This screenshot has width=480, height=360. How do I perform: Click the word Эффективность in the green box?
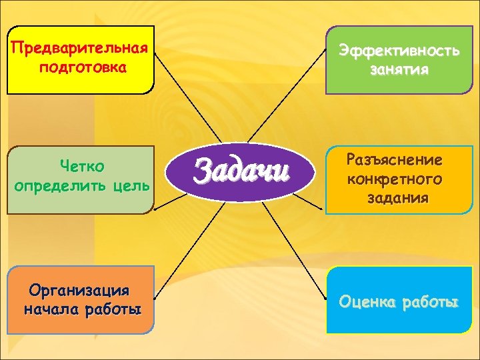pos(399,51)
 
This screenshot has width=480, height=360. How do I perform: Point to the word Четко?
pos(82,164)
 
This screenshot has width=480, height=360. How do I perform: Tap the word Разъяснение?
pos(394,160)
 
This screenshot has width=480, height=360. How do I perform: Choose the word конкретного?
pos(394,179)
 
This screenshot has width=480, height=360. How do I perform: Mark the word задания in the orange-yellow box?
pos(398,199)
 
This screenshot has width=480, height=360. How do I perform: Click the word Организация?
pos(79,291)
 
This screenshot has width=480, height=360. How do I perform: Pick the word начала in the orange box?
pos(51,310)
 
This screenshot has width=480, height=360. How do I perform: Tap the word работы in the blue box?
pos(429,301)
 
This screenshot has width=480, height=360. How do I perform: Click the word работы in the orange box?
pos(112,310)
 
